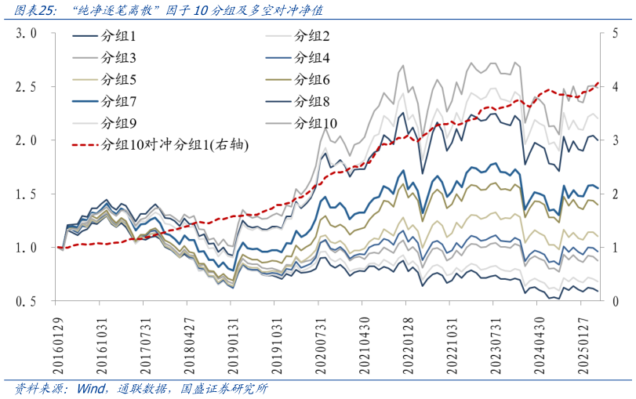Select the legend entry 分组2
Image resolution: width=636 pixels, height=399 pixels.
[312, 37]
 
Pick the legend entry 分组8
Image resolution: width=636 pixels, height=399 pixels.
[312, 101]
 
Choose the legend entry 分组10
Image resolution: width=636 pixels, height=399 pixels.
[315, 123]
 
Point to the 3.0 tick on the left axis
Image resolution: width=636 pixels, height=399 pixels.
[27, 34]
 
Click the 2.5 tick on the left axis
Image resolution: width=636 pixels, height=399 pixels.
[27, 87]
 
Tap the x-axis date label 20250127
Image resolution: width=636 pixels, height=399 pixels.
[585, 340]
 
